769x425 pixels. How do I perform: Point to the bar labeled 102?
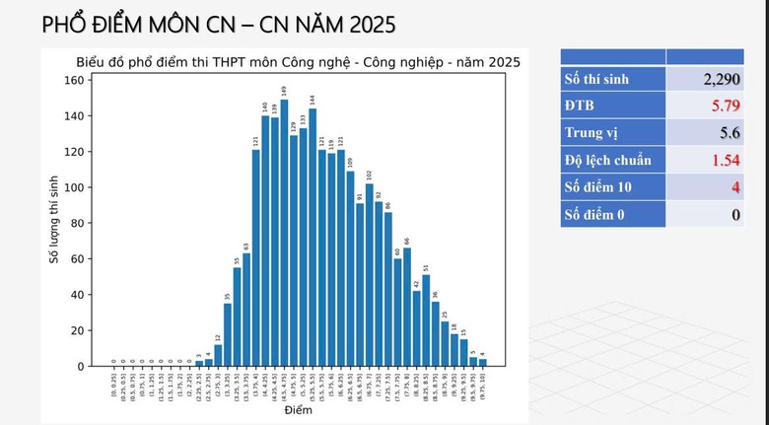coord(370,275)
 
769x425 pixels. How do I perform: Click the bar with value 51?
coord(426,320)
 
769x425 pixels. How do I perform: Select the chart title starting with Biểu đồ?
coord(298,62)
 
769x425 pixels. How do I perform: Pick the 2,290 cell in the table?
coord(716,79)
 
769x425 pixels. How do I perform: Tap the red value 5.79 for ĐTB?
coord(723,105)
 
